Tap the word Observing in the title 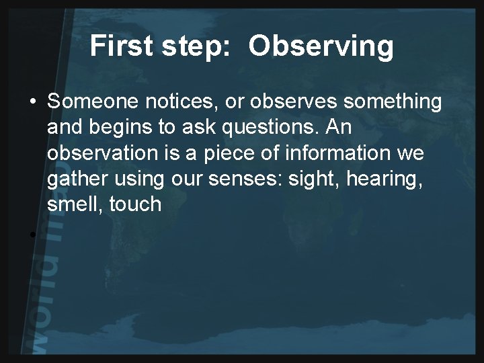click(321, 46)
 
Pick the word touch click(137, 204)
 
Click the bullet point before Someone click(32, 103)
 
